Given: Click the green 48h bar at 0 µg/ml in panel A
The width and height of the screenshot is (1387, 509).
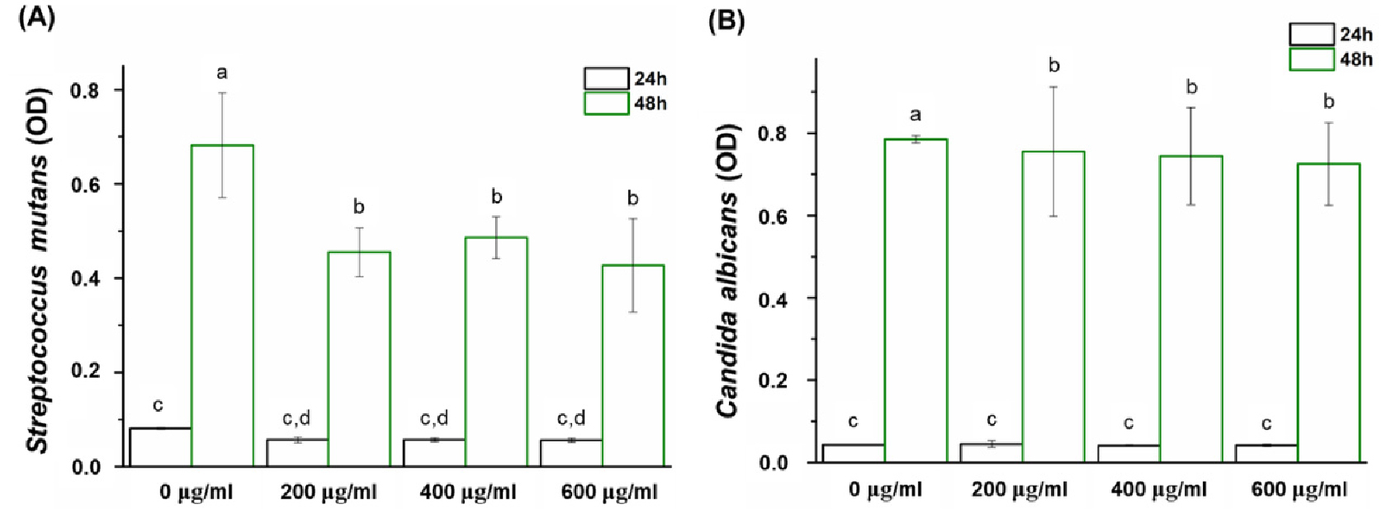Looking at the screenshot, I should [222, 305].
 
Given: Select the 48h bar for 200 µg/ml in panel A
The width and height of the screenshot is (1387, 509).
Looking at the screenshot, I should [359, 359].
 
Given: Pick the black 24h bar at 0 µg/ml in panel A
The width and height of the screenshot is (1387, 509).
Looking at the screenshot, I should [160, 446].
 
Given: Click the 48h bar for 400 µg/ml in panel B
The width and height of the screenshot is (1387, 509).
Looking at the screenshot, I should [1191, 309].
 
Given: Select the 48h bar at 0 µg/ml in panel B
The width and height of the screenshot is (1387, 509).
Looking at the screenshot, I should [916, 300].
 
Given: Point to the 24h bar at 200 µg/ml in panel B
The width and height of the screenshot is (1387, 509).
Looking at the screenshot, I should [992, 453].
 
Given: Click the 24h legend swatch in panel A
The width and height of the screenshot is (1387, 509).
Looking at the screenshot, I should [606, 78].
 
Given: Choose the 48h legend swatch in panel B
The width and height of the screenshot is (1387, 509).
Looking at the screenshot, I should [1311, 59].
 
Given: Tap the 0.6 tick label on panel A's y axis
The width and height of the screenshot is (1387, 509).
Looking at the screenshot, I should [86, 184].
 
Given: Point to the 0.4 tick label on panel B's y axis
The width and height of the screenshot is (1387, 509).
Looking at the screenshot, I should [774, 299].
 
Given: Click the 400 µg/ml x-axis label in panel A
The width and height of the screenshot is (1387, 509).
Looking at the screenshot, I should [467, 493].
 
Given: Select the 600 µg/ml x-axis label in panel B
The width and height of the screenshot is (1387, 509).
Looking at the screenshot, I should [1299, 489].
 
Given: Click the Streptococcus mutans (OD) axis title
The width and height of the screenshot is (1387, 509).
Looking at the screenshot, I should [39, 269].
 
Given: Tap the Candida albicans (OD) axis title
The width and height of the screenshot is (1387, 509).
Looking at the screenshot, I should [727, 271].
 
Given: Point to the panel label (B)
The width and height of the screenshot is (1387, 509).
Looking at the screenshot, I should [726, 21].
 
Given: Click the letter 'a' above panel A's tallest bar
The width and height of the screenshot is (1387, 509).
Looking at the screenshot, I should [221, 73].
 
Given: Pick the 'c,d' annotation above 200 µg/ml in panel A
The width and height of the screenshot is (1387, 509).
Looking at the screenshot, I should [296, 418].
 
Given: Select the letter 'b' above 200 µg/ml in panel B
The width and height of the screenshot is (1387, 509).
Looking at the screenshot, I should [1053, 65].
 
